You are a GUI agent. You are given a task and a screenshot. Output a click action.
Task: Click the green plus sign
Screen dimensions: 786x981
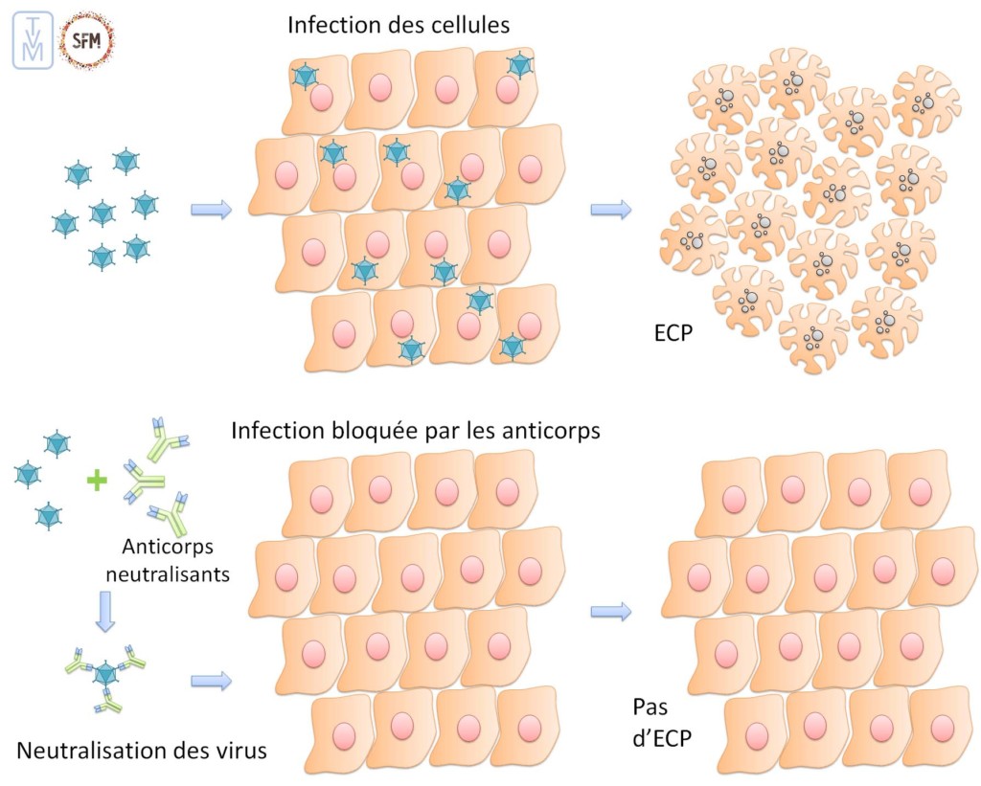click(97, 480)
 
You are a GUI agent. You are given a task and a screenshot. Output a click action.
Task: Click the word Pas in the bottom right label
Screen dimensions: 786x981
click(650, 708)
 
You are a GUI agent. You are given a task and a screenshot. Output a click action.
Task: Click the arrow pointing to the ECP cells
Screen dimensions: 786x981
click(611, 210)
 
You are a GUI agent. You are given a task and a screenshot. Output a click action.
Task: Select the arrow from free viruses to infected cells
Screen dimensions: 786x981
click(212, 210)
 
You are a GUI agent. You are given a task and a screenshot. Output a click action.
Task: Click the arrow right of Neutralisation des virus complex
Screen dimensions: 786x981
click(212, 681)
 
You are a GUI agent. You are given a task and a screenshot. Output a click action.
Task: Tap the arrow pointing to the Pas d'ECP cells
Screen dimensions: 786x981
click(611, 612)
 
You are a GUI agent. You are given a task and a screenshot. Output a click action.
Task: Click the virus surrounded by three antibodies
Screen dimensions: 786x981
click(104, 675)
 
